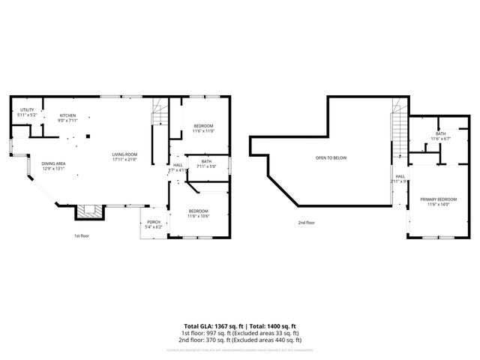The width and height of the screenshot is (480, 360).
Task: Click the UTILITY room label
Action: [26, 112]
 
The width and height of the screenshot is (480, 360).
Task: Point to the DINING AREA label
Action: [54, 166]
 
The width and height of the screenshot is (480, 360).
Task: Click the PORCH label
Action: [153, 223]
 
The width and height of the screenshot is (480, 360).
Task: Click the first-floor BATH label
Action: [205, 163]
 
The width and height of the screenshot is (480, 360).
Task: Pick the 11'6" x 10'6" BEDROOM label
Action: [198, 213]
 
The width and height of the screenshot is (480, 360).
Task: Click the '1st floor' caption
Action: [82, 235]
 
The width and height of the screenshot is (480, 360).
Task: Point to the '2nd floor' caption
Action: [306, 223]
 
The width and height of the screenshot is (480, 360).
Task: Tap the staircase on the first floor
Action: [158, 112]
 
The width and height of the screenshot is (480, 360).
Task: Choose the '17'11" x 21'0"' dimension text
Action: [124, 159]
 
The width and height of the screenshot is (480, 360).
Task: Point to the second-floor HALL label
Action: [400, 178]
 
